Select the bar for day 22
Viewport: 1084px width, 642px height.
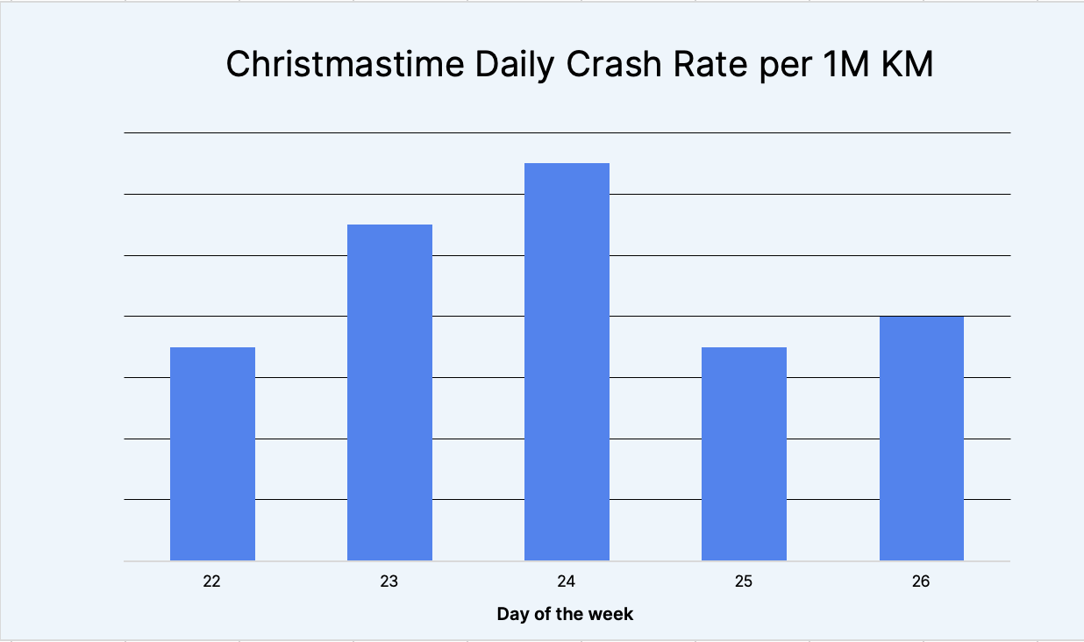(x=212, y=453)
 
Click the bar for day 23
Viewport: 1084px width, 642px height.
(x=389, y=392)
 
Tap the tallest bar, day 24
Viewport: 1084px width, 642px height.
(x=567, y=361)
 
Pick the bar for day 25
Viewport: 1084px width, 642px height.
(x=744, y=453)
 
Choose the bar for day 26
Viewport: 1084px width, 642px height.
(x=921, y=438)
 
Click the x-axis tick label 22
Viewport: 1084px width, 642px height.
(x=211, y=581)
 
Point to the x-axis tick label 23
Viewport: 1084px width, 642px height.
(x=389, y=581)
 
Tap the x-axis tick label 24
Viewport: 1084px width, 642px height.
(x=567, y=581)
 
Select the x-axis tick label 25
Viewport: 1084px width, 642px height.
(x=744, y=581)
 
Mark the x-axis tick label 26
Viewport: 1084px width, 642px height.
(x=921, y=581)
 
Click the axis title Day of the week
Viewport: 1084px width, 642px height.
(x=565, y=614)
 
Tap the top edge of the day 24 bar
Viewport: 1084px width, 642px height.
(x=567, y=164)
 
